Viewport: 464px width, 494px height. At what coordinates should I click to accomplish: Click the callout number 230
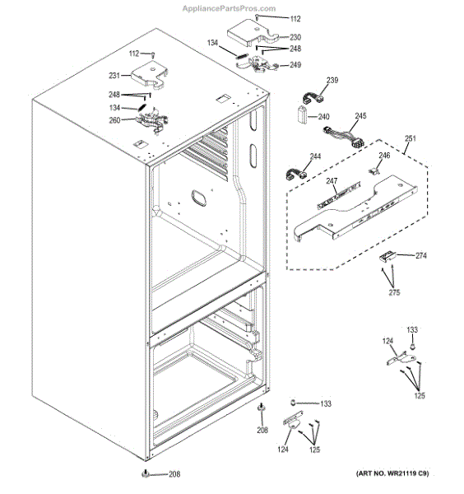point(295,37)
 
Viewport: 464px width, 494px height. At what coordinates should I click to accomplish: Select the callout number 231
point(114,76)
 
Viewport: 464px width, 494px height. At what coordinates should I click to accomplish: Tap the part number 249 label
point(295,65)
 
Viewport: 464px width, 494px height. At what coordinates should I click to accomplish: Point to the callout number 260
point(114,120)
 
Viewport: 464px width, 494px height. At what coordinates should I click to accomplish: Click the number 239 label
point(332,81)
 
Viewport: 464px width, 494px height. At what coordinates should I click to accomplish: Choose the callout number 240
point(323,117)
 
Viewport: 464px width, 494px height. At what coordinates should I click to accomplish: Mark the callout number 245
point(360,116)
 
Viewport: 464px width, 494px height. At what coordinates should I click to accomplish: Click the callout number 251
point(411,138)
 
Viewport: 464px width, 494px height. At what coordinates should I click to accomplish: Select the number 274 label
point(421,255)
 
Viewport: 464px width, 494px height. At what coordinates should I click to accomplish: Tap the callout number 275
point(394,292)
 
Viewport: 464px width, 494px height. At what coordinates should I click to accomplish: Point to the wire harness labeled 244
point(296,175)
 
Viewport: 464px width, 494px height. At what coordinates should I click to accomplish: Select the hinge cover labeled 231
point(150,74)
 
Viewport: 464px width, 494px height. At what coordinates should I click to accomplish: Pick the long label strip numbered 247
point(339,195)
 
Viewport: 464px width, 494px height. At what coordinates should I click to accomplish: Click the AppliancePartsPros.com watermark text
point(230,8)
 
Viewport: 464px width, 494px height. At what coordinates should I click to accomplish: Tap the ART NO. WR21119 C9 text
point(392,473)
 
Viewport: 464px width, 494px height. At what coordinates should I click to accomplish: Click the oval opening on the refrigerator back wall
point(198,198)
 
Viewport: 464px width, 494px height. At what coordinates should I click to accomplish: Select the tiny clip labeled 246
point(374,171)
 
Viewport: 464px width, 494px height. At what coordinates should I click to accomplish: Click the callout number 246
point(384,156)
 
